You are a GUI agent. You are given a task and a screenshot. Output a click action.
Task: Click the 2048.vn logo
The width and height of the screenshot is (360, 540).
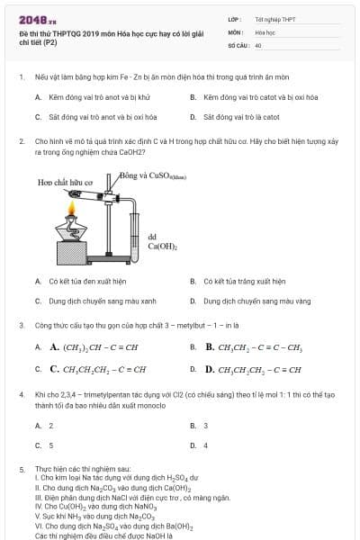pos(37,19)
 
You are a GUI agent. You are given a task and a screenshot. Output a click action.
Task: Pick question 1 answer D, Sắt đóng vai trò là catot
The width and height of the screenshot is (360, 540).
pos(244,117)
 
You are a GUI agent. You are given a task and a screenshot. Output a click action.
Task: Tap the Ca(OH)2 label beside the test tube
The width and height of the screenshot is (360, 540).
pos(162,241)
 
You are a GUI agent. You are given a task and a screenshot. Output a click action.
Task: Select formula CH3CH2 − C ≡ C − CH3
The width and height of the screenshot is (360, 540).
pos(254,346)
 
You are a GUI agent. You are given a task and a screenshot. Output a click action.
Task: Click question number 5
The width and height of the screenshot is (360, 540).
pos(21,469)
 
